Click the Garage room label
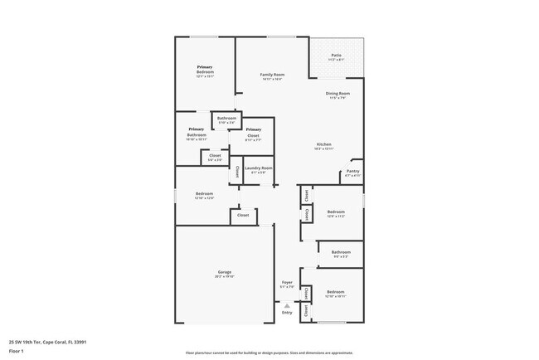tap(224, 273)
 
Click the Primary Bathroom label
tap(196, 132)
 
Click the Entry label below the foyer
tap(287, 313)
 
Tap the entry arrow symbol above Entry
tap(287, 304)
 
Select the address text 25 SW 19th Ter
tap(48, 341)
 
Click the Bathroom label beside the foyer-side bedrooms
tap(341, 252)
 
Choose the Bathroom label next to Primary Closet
tap(227, 119)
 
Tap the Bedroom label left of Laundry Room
tap(204, 195)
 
